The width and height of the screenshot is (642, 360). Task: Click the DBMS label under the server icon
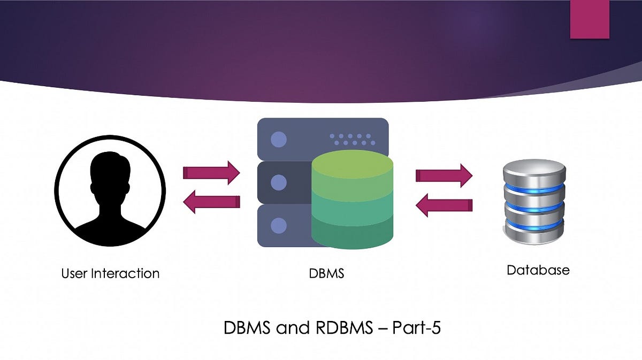326,273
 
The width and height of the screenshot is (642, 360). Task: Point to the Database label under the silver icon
538,270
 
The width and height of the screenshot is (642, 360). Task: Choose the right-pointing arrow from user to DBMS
211,173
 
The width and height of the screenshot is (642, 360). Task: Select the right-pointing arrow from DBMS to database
444,175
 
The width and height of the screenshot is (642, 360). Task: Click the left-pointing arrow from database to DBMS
444,205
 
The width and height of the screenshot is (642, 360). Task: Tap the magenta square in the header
590,19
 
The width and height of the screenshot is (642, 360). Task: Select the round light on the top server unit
278,140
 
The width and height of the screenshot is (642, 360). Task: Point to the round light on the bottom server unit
278,227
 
